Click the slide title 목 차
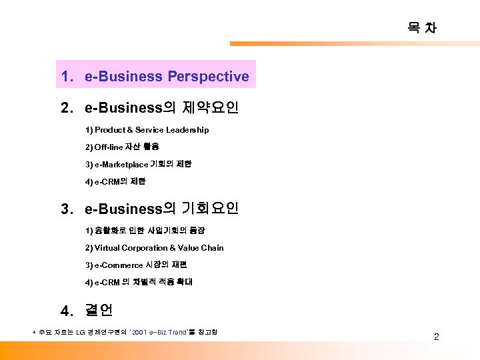[422, 27]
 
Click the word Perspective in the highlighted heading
[208, 77]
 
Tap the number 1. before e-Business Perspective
[66, 77]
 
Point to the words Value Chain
[203, 248]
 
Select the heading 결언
[99, 310]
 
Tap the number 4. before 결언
[66, 311]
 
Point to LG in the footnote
[81, 332]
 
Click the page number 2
[437, 337]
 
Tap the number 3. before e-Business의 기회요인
[66, 209]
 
